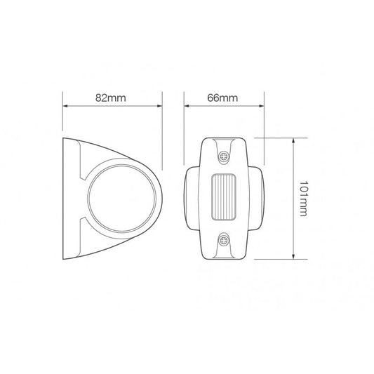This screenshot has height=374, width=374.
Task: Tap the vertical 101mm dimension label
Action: coord(302,199)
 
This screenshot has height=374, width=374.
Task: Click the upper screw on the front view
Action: coord(225,156)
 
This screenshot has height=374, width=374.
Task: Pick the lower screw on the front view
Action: coord(225,240)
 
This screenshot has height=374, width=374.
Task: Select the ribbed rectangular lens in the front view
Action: coord(225,198)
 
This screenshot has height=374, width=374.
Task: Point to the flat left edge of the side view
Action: coord(65,198)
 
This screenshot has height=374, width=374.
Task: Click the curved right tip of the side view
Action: coord(162,198)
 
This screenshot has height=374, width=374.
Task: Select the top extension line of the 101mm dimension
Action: coord(274,138)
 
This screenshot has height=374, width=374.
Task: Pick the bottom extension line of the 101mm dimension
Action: coord(274,259)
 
